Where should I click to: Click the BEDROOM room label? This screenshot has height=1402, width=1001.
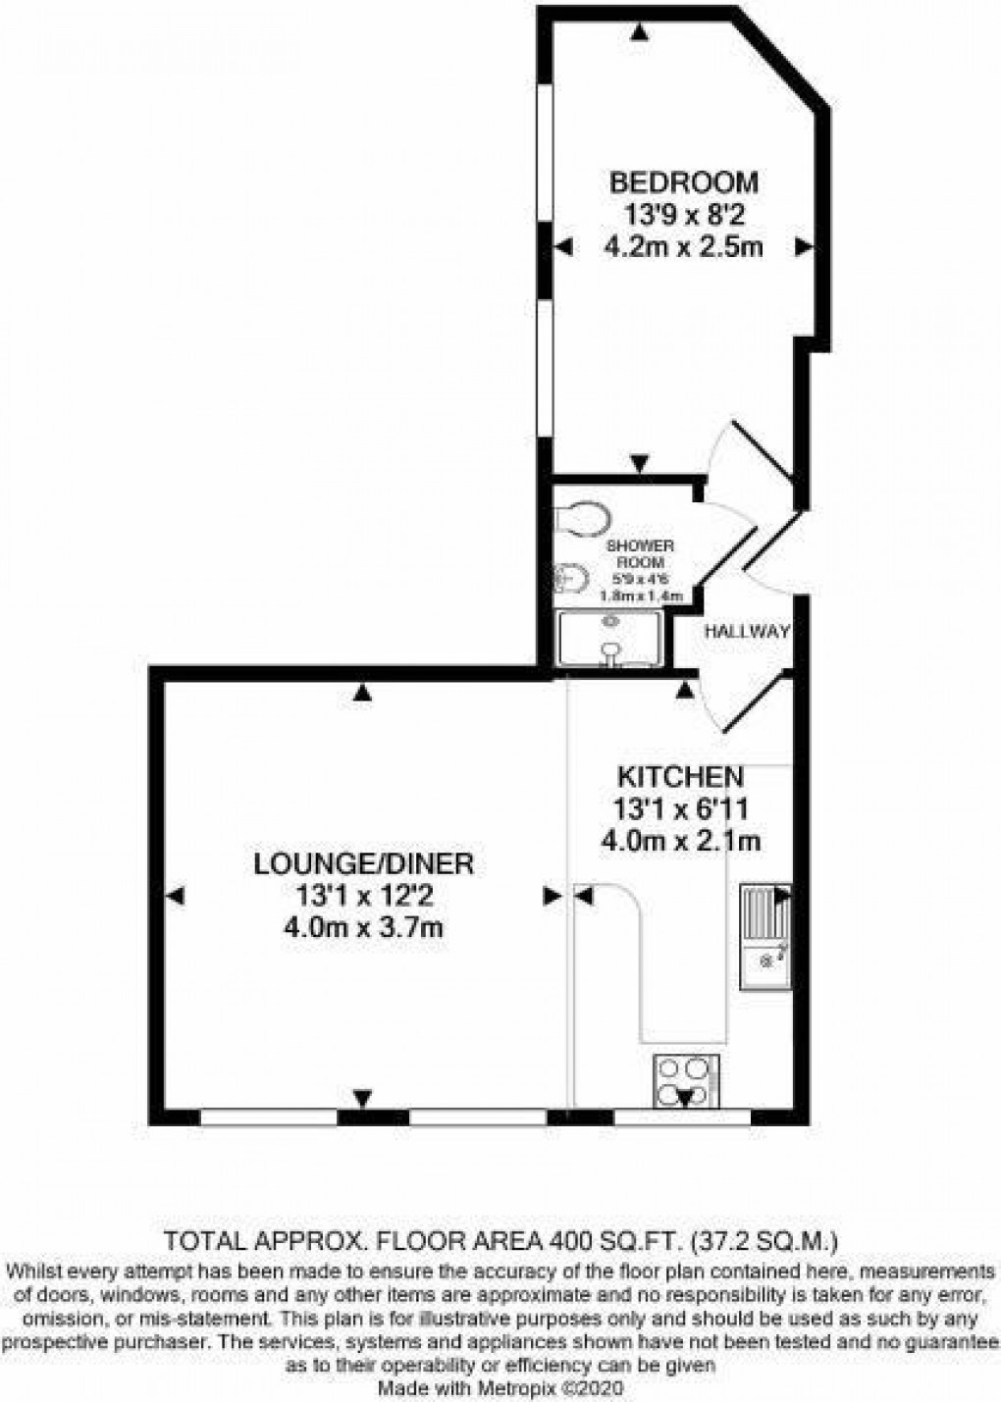tap(683, 182)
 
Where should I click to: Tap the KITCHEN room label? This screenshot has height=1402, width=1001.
tap(679, 777)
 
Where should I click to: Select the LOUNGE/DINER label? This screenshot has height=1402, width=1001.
tap(364, 863)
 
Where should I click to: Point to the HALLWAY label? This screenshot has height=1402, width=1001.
tap(747, 633)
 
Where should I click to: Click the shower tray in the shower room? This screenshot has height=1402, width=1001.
tap(608, 638)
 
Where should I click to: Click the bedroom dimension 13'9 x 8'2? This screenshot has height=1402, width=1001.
tap(683, 215)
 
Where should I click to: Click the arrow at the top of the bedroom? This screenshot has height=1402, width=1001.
tap(640, 33)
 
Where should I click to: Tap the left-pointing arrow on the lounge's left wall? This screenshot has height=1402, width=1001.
tap(176, 895)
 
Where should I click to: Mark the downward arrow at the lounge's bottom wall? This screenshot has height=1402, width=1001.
tap(363, 1098)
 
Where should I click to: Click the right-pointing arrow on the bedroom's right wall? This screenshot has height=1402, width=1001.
tap(805, 248)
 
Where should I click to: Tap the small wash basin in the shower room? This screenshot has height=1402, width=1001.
tap(567, 581)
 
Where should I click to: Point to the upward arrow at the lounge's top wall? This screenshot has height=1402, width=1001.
tap(363, 694)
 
